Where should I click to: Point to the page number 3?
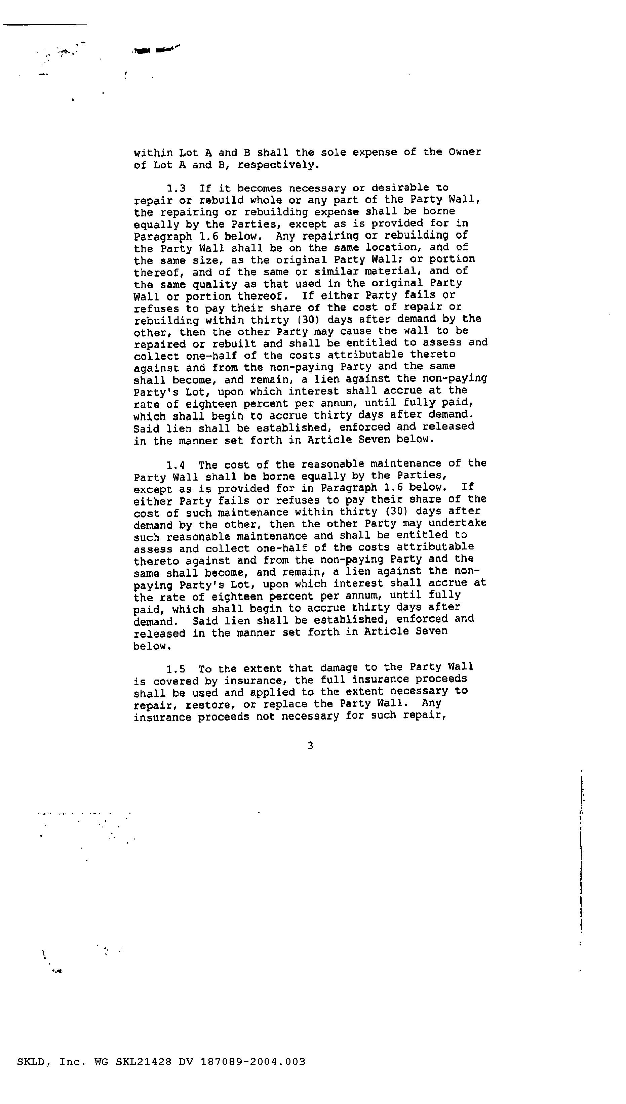310,746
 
